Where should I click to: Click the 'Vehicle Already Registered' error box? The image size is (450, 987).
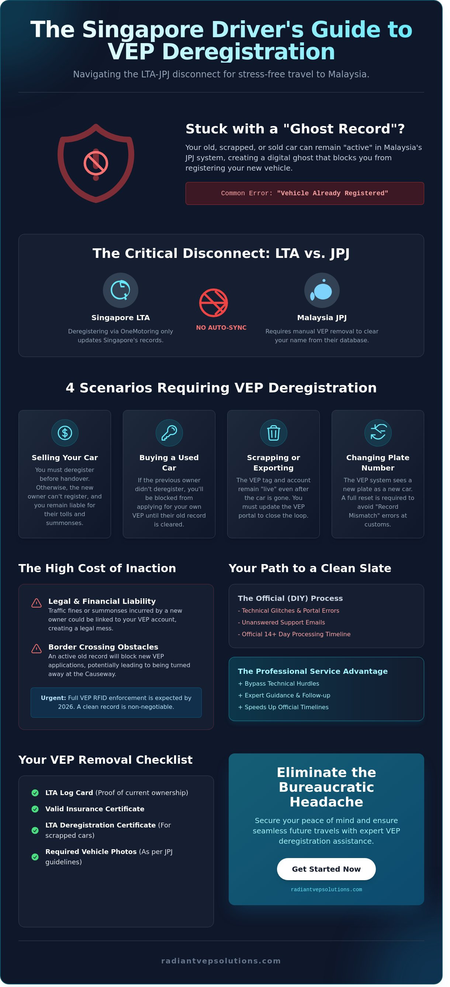(x=309, y=197)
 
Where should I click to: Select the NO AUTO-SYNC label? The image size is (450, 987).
(x=225, y=333)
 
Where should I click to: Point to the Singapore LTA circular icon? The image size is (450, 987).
(x=122, y=295)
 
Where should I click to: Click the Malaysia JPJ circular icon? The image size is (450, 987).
(x=327, y=295)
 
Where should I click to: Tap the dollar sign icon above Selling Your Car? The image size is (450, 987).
(x=66, y=440)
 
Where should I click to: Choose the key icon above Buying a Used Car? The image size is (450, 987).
(x=172, y=440)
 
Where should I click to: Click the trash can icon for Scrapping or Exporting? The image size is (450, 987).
(x=278, y=440)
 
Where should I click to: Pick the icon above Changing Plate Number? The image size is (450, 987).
(x=384, y=440)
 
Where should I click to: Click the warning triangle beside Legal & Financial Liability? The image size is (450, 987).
(x=37, y=613)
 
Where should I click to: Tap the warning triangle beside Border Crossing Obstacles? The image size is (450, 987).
(x=37, y=659)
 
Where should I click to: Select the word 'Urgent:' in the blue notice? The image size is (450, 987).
(x=55, y=709)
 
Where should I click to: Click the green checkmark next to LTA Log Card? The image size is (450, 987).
(x=36, y=806)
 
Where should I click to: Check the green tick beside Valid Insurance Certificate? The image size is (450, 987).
(x=36, y=822)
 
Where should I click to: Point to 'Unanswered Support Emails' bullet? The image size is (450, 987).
(x=286, y=633)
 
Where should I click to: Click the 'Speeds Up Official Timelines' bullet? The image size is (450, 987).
(x=288, y=718)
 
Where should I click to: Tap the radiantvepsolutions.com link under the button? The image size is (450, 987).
(x=332, y=904)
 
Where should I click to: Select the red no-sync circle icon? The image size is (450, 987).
(x=217, y=308)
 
